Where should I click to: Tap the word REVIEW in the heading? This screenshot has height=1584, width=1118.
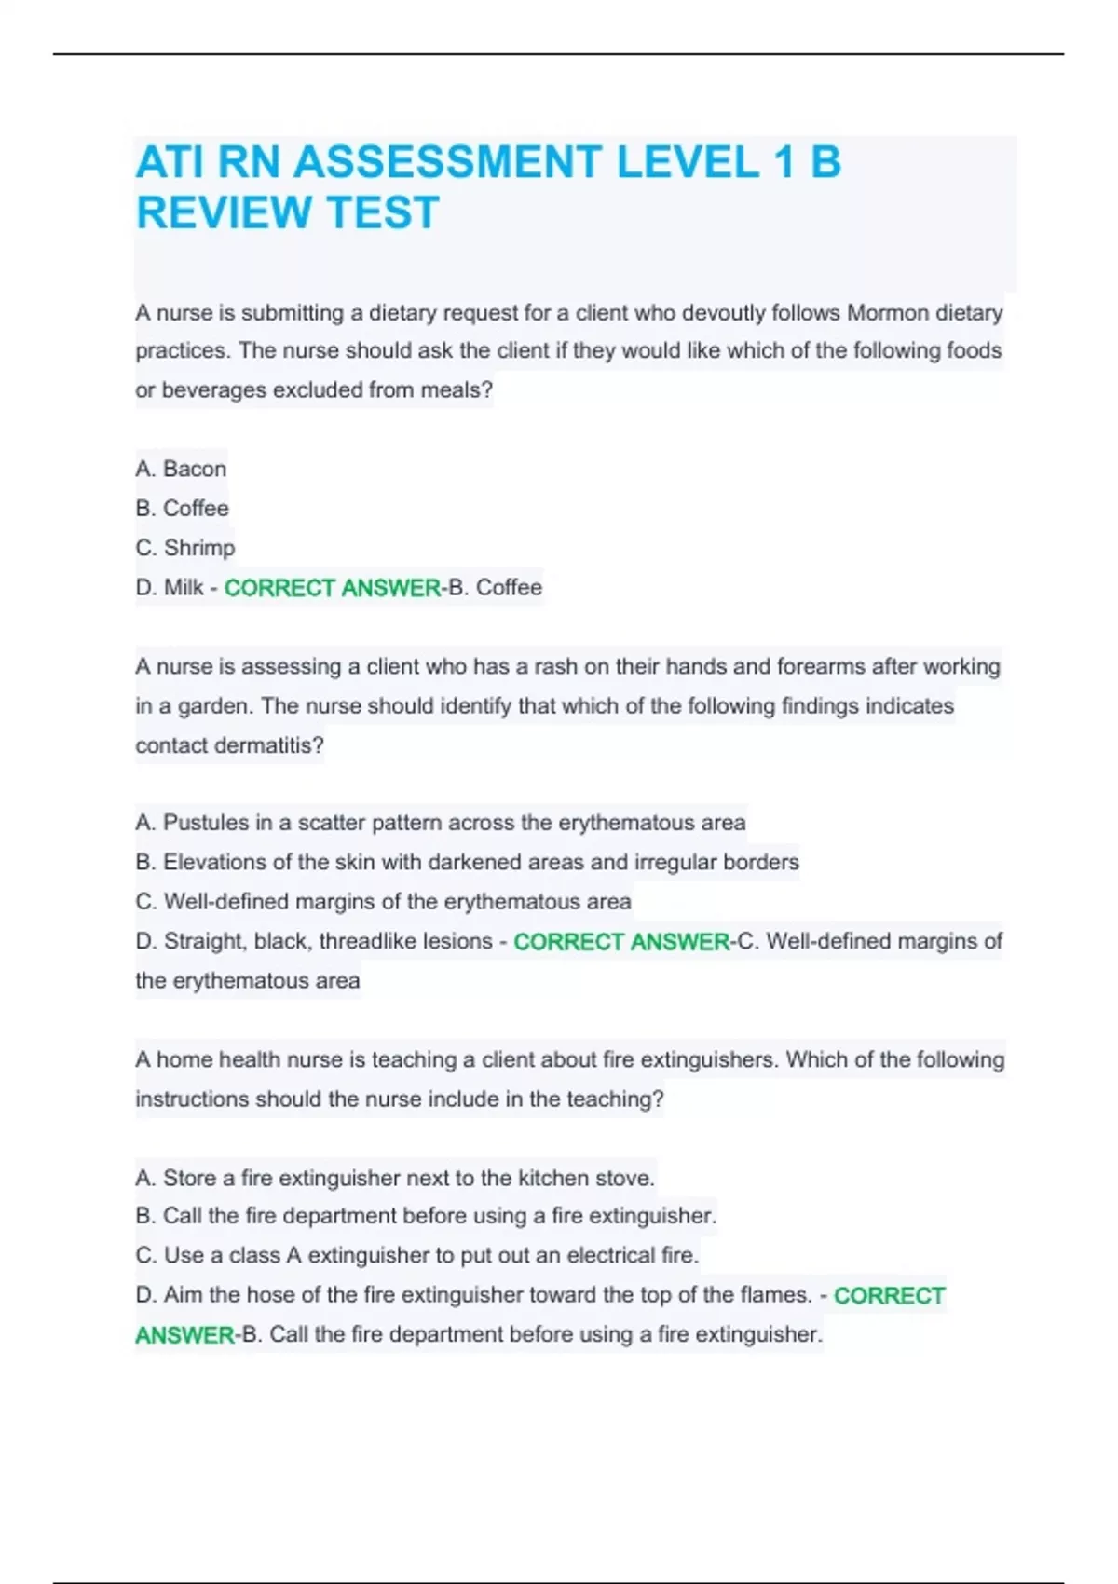(223, 212)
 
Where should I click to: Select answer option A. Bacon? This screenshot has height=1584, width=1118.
(181, 469)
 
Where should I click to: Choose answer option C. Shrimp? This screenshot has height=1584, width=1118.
(185, 548)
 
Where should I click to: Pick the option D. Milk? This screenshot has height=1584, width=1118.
(170, 587)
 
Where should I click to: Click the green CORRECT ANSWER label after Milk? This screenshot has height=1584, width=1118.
(333, 588)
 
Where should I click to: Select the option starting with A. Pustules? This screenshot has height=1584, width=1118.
(440, 823)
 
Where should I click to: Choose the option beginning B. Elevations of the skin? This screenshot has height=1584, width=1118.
(467, 862)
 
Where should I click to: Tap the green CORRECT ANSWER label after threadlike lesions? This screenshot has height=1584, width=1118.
(621, 942)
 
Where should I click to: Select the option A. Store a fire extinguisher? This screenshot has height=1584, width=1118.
(395, 1178)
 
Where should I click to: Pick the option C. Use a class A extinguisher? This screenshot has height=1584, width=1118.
(416, 1255)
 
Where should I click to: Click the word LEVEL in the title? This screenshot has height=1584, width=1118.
(688, 162)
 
